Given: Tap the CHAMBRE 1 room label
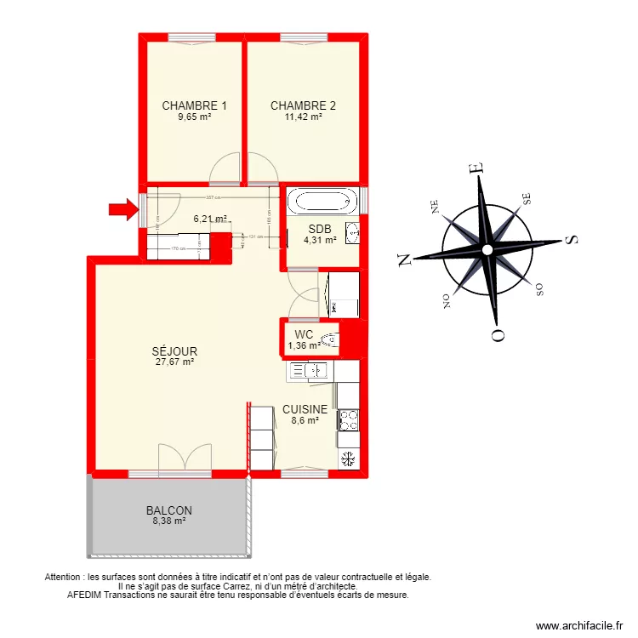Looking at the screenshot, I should tap(194, 106).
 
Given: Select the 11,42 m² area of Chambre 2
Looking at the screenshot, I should tap(303, 117).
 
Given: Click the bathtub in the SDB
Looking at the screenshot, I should tap(322, 202).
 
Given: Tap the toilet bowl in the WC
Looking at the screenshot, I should tap(332, 341).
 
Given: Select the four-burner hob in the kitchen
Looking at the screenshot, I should tap(349, 419).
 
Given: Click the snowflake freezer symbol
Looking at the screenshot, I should tap(347, 459).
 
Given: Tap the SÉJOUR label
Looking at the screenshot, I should tap(174, 350).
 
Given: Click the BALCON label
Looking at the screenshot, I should tap(168, 510).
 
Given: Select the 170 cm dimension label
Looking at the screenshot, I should tap(177, 248).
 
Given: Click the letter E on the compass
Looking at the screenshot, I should tap(478, 169).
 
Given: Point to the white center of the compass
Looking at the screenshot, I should tap(487, 250).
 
